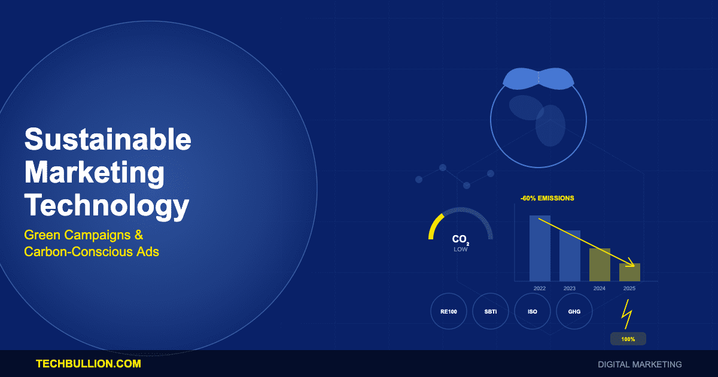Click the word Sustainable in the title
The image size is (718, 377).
108,140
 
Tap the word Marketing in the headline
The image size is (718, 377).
95,173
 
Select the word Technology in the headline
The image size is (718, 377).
107,206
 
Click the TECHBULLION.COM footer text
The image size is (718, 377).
88,364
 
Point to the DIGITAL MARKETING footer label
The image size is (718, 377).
640,364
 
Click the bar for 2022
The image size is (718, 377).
540,248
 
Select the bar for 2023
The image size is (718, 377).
570,256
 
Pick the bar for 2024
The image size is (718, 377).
600,264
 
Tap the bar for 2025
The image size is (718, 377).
629,272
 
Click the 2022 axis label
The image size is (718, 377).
540,288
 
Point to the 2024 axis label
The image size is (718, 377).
600,288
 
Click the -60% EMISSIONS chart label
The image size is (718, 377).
547,198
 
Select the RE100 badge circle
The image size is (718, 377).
449,312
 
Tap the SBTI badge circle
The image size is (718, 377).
491,312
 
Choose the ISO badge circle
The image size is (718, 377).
533,312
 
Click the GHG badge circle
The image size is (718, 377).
574,312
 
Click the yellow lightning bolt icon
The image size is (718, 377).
626,314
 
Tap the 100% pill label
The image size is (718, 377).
628,339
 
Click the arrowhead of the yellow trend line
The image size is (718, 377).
632,264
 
